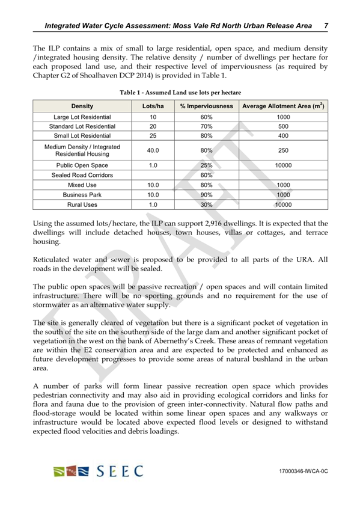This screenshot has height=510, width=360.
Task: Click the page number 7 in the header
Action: click(325, 26)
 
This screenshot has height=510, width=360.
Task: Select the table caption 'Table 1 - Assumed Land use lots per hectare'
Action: click(180, 93)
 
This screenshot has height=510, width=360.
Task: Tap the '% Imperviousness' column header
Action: click(206, 106)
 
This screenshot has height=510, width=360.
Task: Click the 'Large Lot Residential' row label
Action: click(82, 117)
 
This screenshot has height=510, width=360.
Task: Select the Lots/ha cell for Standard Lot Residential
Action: click(153, 127)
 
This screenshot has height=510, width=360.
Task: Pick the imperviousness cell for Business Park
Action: click(206, 195)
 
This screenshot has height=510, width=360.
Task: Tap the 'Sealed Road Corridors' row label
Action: click(82, 174)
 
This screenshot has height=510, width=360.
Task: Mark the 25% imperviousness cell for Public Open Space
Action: click(206, 164)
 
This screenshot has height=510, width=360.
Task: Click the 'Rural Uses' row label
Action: click(82, 204)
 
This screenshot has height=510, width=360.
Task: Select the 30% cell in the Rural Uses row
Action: click(206, 204)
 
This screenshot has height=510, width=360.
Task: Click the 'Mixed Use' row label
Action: click(82, 185)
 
